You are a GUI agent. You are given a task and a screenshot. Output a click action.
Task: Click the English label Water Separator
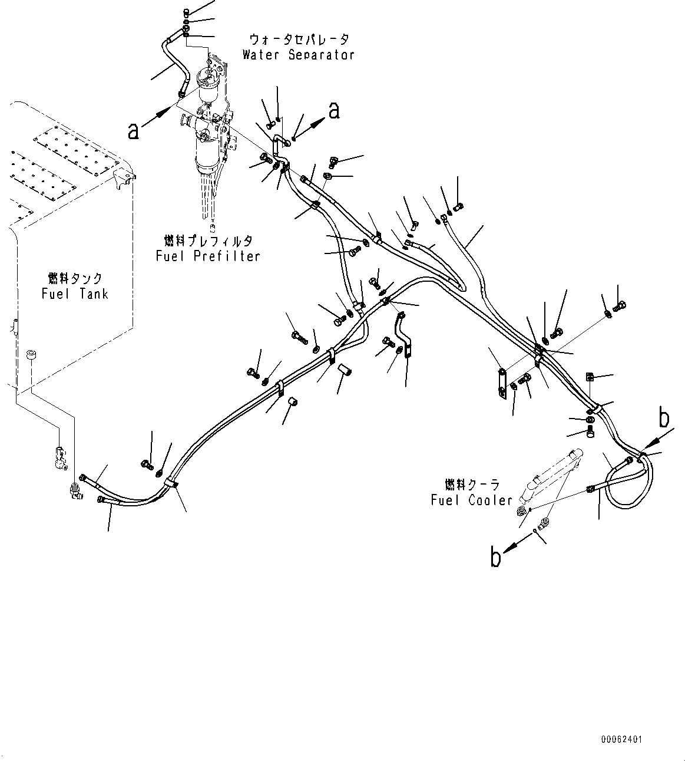pos(298,55)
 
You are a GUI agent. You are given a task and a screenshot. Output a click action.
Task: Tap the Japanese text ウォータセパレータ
pos(299,40)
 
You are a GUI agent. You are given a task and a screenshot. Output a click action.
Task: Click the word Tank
pos(93,293)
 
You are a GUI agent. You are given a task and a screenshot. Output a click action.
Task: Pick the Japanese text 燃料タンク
pos(75,278)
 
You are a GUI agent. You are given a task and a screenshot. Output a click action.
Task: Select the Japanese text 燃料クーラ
pos(472,485)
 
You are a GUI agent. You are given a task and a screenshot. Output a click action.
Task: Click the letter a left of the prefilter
pos(134,130)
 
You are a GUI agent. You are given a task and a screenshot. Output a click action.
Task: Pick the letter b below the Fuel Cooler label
pos(496,556)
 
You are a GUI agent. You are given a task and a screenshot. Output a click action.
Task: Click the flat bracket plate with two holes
pos(501,383)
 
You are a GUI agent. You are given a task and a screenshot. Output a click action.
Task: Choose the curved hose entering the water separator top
pos(174,62)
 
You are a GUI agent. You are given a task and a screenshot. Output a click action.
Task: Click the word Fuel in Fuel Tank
pos(55,293)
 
